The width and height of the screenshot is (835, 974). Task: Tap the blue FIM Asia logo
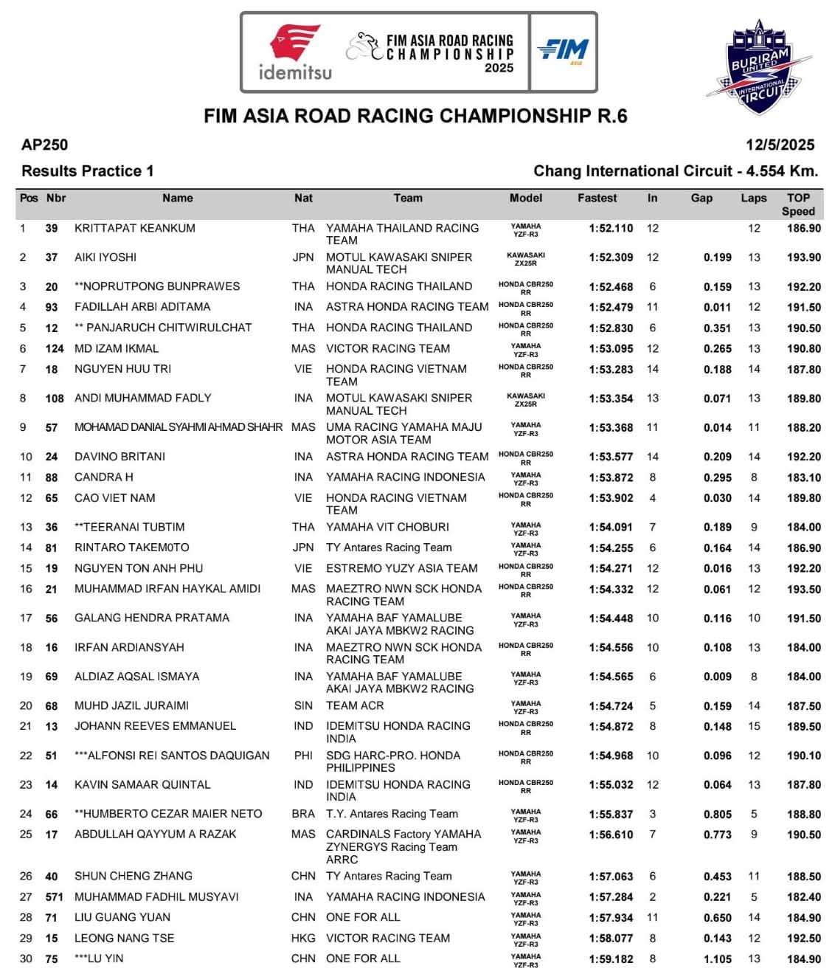563,50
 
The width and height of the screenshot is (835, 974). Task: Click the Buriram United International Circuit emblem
759,68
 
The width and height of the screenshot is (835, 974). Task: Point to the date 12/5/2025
780,145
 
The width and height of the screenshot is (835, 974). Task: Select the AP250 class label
44,145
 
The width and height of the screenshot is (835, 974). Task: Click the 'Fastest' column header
597,198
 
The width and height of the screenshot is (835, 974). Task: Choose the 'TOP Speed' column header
798,204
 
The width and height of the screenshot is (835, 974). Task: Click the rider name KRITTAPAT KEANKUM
135,228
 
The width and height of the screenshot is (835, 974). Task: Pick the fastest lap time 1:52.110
611,228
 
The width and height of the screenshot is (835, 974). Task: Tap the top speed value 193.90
803,258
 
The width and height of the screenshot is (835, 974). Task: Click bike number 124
55,348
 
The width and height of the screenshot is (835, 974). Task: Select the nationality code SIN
303,705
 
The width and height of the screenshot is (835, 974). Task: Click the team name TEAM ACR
355,705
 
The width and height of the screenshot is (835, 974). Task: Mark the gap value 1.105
717,959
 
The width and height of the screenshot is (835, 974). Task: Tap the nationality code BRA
303,814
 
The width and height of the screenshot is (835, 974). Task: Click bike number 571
55,897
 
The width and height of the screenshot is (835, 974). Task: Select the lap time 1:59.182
611,959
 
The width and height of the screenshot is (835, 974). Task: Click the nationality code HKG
303,939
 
